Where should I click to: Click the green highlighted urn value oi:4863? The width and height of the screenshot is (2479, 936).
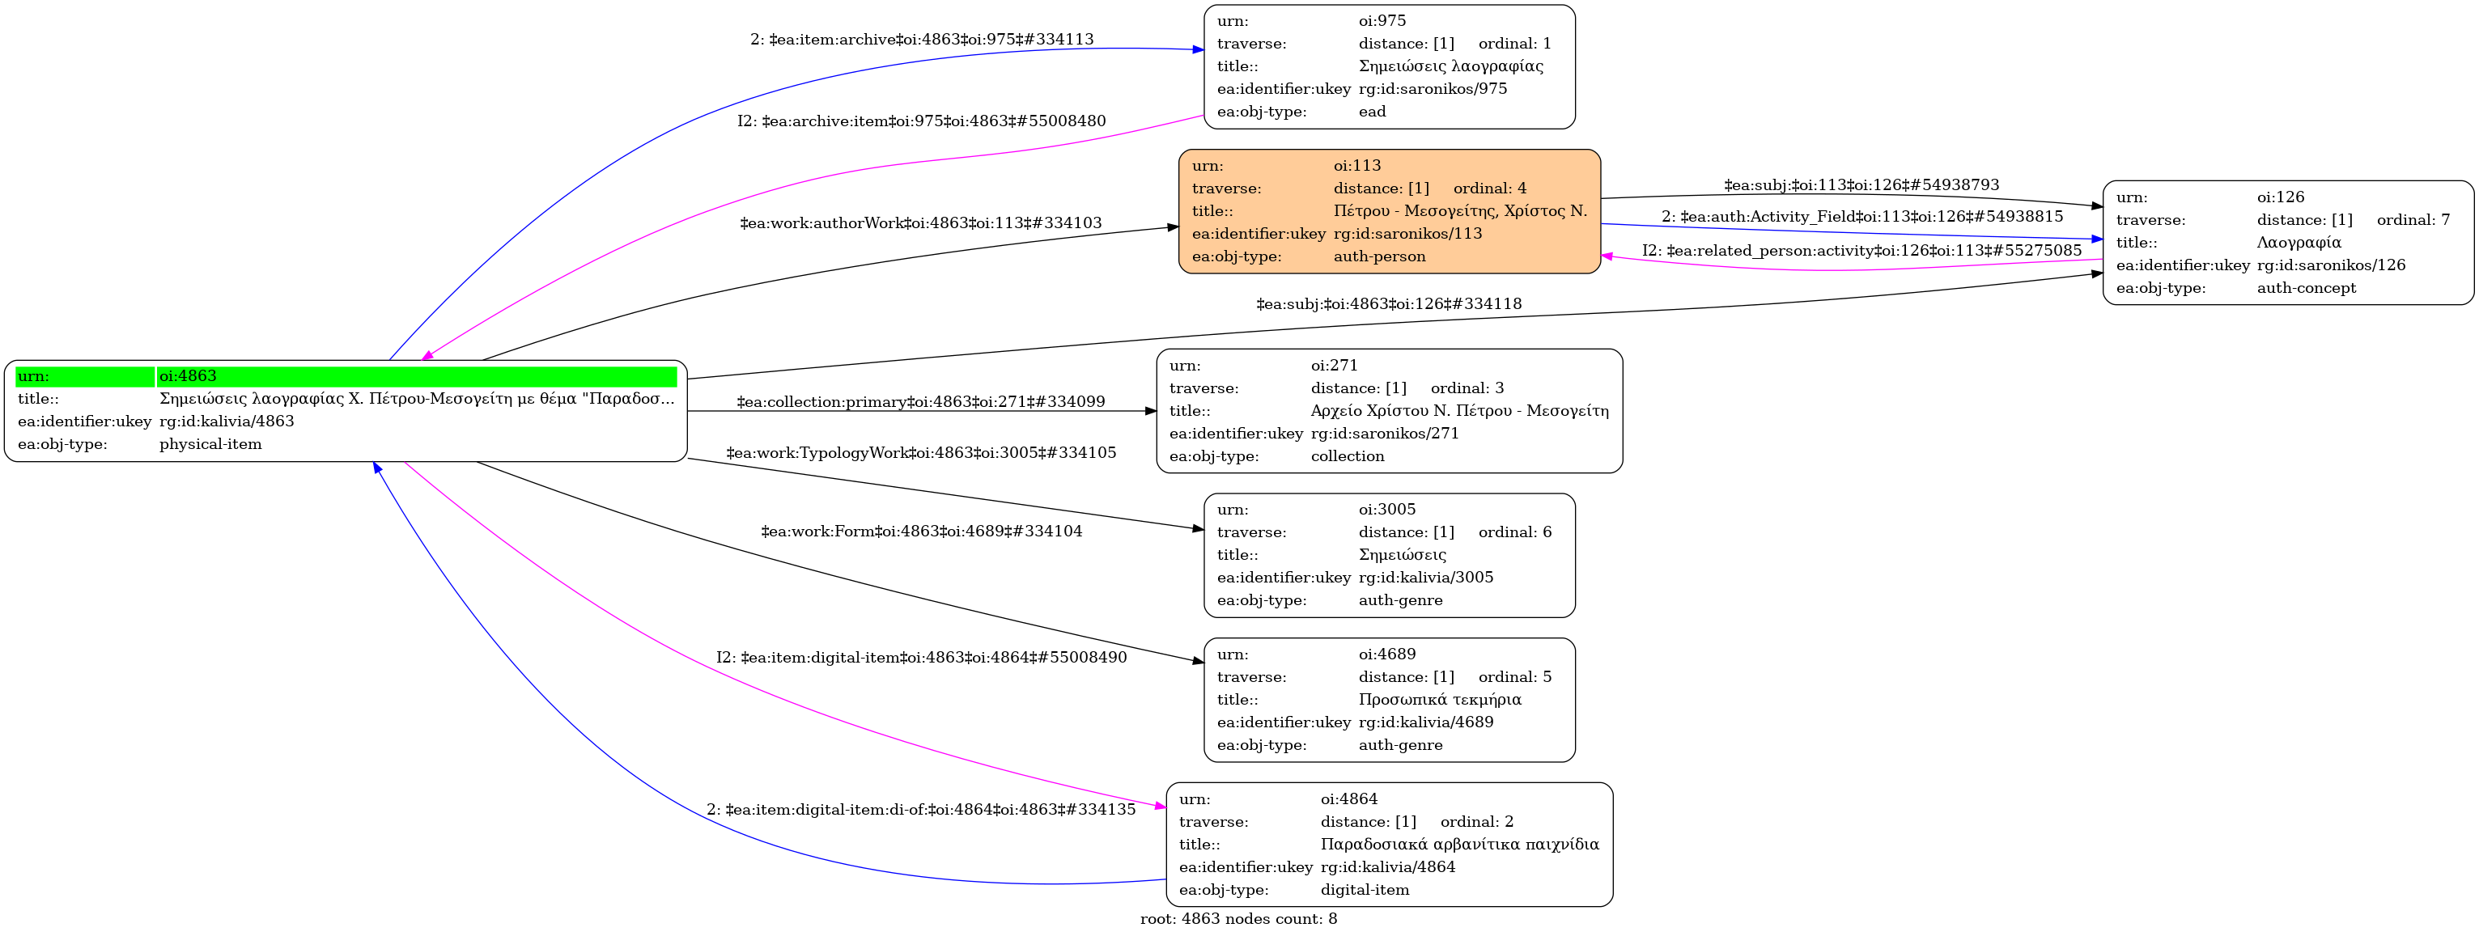click(188, 376)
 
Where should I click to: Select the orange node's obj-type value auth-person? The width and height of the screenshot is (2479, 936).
click(1379, 256)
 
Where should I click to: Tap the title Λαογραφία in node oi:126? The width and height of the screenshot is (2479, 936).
click(2298, 243)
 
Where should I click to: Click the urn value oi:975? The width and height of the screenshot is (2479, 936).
click(1382, 21)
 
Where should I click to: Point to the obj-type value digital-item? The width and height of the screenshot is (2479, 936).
click(1364, 890)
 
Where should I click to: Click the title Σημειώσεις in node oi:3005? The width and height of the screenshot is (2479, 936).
click(1401, 555)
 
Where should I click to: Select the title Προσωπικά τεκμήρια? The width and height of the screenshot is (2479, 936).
click(1440, 699)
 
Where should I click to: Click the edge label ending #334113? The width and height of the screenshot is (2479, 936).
click(921, 40)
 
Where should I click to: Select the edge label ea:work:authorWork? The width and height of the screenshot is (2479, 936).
click(920, 223)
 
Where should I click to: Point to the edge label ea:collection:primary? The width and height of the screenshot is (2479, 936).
click(920, 402)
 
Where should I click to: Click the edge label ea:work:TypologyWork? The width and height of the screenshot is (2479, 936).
click(920, 453)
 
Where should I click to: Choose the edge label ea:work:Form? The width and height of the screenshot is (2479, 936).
click(921, 531)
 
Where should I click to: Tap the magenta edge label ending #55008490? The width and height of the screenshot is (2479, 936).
click(920, 658)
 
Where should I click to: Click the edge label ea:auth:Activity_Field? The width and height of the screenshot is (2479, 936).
click(1861, 217)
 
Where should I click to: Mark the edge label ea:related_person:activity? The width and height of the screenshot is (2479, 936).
click(1861, 251)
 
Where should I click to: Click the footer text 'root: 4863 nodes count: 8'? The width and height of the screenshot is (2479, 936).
click(1237, 919)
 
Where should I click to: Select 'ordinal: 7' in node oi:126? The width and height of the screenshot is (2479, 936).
click(2413, 220)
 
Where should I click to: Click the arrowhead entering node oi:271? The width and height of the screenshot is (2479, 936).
click(1150, 411)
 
